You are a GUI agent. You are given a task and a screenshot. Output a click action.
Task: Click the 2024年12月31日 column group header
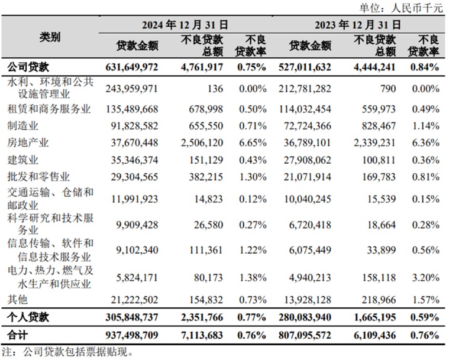point(185,25)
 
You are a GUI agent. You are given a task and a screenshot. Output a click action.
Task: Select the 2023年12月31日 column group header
point(358,25)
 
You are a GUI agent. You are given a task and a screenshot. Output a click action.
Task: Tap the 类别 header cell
point(50,37)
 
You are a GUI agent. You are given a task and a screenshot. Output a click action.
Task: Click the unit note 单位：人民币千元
point(402,8)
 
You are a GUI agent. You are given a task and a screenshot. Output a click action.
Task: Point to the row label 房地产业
point(28,142)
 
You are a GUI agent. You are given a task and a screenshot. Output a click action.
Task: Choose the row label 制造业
point(23,126)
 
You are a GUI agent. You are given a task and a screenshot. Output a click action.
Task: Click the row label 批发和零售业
point(38,177)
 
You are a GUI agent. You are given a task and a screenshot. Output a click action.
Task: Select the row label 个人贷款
point(28,317)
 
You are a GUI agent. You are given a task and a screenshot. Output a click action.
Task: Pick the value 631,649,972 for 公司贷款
point(132,67)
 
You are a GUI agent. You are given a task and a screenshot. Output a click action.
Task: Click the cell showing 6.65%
point(253,142)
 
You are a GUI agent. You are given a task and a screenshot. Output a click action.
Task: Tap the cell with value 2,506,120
point(202,142)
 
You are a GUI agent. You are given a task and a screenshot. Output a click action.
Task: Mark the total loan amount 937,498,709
point(132,335)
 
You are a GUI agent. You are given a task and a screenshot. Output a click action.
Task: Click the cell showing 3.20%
point(425,278)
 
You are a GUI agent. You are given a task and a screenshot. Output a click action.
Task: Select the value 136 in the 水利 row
point(215,89)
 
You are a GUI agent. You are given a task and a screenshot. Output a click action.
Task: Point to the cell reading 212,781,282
point(305,89)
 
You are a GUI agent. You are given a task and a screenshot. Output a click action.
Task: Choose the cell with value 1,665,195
point(375,317)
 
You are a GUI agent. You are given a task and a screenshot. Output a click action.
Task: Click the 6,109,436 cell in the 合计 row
point(375,335)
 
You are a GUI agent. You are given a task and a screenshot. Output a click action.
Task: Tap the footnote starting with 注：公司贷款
point(67,352)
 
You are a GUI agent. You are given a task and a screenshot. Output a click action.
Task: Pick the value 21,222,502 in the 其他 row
point(134,300)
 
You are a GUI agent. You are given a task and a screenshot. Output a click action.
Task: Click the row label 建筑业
point(23,160)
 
